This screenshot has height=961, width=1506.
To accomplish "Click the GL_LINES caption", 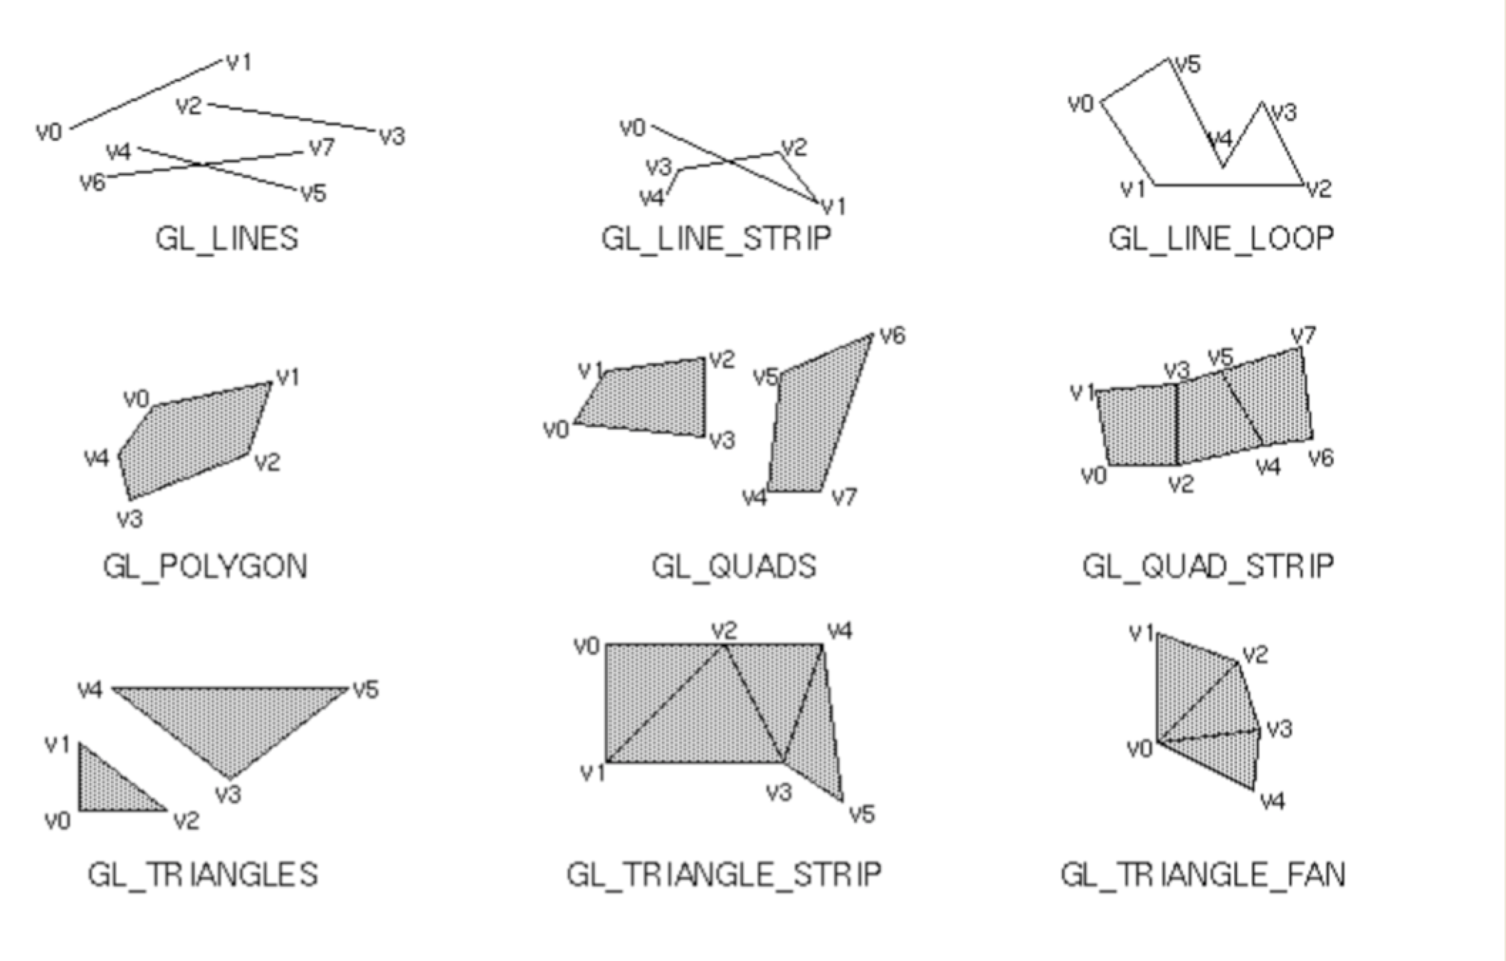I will click(226, 238).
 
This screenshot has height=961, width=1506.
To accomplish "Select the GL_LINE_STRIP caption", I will click(716, 238).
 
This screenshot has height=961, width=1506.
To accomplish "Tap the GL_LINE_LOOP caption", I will click(1221, 238).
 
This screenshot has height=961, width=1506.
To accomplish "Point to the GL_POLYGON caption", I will click(205, 567).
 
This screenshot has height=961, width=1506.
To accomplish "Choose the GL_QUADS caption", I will click(734, 567).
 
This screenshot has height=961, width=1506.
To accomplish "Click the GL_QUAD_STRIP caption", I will click(1208, 567).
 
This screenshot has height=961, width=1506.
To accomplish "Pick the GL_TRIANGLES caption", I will click(203, 874).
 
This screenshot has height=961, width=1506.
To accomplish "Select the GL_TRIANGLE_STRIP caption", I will click(724, 874).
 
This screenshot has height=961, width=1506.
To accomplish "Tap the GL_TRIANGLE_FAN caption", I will click(1203, 874).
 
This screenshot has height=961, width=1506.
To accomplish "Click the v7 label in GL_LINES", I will click(322, 147).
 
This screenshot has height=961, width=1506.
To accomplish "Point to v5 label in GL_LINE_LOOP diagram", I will click(1188, 65).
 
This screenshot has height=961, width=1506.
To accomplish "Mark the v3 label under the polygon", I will click(130, 519).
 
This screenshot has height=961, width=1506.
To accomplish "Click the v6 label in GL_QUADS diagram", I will click(892, 335).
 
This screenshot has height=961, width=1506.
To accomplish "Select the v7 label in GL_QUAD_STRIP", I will click(1303, 335).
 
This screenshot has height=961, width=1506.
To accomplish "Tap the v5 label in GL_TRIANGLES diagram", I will click(366, 689).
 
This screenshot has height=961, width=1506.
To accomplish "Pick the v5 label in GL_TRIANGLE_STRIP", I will click(862, 814).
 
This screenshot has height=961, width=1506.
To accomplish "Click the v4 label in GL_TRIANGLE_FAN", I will click(1273, 802).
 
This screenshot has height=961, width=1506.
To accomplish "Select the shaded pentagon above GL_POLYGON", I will click(192, 441).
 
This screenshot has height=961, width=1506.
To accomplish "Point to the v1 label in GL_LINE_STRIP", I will click(833, 206).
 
